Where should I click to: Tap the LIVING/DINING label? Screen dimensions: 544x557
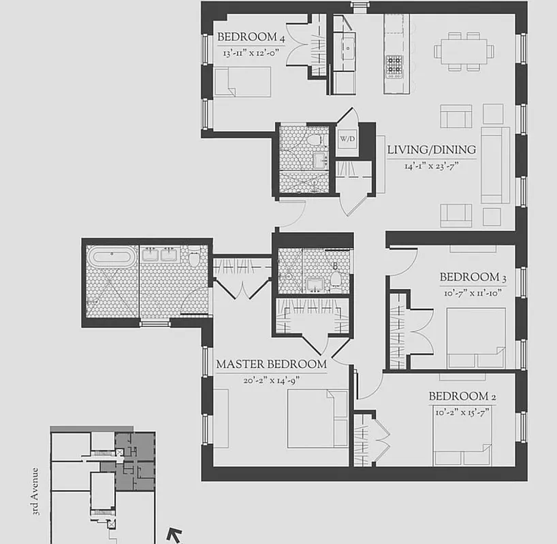point(431,150)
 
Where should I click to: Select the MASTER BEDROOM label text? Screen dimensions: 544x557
point(271,364)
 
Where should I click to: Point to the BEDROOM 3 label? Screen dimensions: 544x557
point(473,277)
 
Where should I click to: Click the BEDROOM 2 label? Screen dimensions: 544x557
point(458,396)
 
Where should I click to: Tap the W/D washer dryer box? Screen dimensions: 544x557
point(347,139)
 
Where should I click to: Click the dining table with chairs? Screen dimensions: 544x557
point(464,50)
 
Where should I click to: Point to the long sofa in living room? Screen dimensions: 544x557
point(495,165)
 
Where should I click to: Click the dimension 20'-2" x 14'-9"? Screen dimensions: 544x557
point(271,381)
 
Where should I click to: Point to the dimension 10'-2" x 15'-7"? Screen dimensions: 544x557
point(459,411)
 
